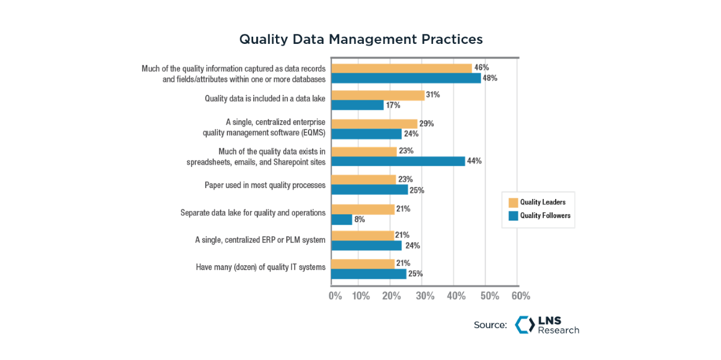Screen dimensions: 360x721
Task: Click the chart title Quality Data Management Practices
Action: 361,40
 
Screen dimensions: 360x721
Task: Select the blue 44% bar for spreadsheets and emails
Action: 398,161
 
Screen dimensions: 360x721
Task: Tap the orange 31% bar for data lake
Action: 378,95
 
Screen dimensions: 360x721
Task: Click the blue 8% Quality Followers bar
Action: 342,219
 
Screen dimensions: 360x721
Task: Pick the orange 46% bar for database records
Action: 402,68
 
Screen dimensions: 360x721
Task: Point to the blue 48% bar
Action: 406,78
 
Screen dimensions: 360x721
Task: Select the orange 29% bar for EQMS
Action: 375,124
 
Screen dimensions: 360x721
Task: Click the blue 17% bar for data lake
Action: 357,105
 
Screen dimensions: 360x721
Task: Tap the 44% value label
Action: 474,161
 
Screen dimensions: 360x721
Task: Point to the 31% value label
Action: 433,95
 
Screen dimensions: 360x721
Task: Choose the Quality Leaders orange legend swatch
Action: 513,203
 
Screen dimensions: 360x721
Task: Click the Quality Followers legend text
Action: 545,216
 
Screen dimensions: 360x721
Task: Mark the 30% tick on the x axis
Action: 426,296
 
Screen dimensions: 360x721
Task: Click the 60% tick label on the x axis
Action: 521,296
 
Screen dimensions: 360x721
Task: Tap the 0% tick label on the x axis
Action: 335,296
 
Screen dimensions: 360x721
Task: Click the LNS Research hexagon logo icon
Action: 524,325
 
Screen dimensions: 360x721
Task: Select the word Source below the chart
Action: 490,325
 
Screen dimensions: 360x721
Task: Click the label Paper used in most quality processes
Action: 265,185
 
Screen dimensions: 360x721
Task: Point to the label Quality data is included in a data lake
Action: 265,99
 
